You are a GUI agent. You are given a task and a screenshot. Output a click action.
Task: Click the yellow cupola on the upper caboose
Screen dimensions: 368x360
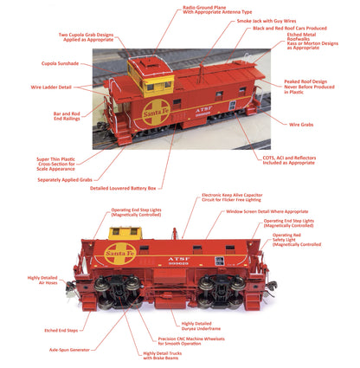[x=145, y=76]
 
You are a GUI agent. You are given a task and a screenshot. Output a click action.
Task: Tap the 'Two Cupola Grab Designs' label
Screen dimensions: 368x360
[x=87, y=38]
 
